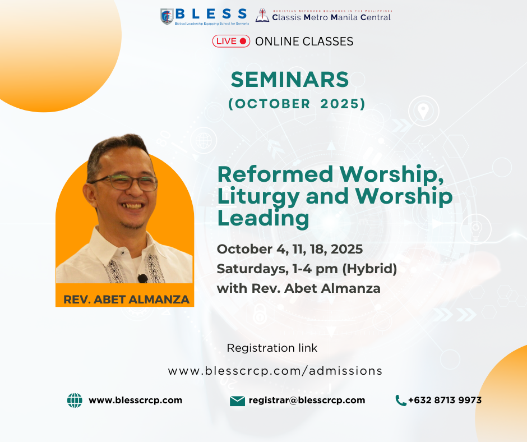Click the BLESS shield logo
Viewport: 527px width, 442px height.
tap(167, 16)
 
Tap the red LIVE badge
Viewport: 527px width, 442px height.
tap(231, 41)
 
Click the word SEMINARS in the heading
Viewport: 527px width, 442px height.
tap(290, 80)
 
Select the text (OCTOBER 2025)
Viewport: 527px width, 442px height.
tap(297, 104)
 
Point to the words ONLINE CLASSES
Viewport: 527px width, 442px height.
tap(304, 42)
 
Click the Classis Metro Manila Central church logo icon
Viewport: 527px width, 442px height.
tap(262, 15)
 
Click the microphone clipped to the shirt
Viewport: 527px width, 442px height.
tap(142, 278)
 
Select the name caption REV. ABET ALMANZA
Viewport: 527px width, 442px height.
tap(126, 300)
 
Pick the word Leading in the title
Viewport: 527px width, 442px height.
tap(263, 218)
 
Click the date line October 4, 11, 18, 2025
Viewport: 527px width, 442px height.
tap(290, 249)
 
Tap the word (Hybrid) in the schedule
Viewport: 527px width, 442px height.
tap(369, 269)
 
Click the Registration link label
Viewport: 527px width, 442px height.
tap(272, 348)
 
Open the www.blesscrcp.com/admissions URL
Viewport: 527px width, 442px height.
tap(275, 371)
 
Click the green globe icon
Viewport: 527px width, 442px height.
tap(75, 400)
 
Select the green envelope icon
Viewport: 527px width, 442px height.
tap(237, 401)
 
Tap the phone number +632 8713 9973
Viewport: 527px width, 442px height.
tap(445, 400)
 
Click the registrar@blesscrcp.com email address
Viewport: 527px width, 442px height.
tap(307, 400)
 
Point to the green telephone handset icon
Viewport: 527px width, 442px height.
tap(401, 400)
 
